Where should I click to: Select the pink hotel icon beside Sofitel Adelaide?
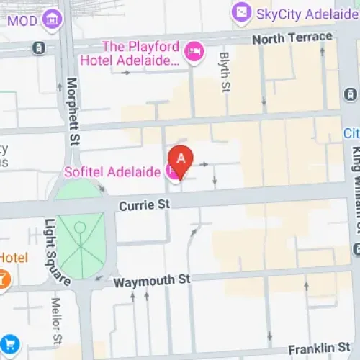coord(171,171)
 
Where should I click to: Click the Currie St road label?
coord(144,206)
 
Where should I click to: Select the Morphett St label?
coord(71,111)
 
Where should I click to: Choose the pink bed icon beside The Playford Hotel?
coord(194,51)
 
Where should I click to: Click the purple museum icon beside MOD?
coord(52,18)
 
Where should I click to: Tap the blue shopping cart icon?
coord(8,344)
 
